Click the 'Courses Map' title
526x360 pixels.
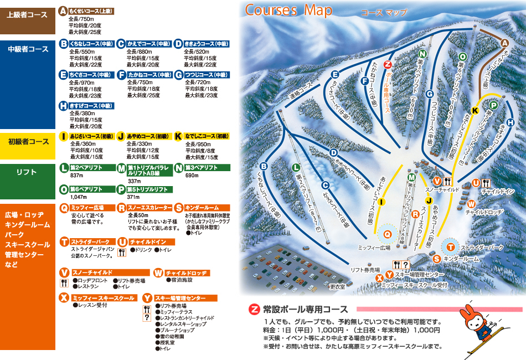tap(288, 10)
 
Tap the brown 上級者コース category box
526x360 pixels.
tap(28, 15)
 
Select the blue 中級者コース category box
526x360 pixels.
tap(28, 49)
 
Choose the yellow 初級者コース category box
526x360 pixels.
tap(28, 142)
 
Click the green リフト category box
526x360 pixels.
tap(28, 173)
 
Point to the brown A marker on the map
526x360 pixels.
tap(504, 43)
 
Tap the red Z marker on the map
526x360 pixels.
tap(388, 64)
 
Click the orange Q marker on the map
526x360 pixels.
tap(387, 234)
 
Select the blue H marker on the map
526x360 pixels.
tap(510, 122)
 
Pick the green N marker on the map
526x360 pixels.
tap(422, 54)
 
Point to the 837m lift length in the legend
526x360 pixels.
tap(76, 176)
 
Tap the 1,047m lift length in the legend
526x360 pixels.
tap(79, 197)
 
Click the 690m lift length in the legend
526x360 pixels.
tap(192, 176)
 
